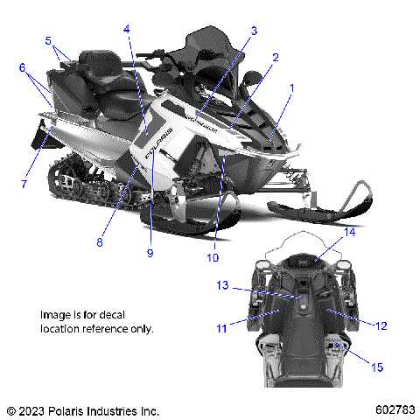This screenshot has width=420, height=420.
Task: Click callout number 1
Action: (x=291, y=87)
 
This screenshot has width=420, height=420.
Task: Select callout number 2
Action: (x=275, y=58)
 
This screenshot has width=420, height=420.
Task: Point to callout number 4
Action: (x=127, y=29)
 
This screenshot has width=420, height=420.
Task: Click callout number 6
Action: (x=21, y=66)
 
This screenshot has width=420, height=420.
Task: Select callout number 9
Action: (x=150, y=253)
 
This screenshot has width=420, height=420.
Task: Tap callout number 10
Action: (x=213, y=257)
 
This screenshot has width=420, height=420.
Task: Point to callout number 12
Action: (x=381, y=325)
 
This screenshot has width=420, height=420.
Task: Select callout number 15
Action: (x=377, y=367)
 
